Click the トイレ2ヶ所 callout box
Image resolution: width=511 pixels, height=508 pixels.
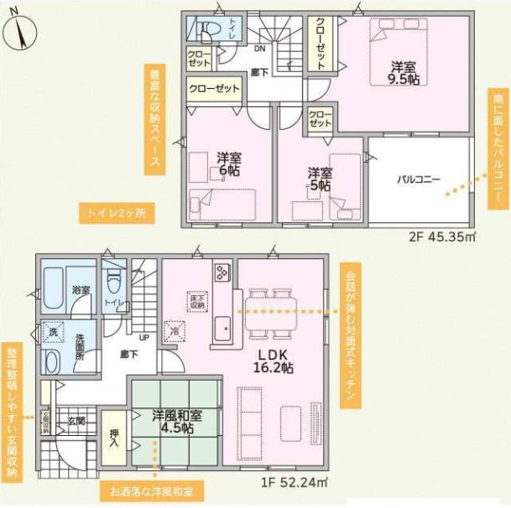click(x=117, y=213)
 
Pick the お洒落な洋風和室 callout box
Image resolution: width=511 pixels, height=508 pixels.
click(x=151, y=490)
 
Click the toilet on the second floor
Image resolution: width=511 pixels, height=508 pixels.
click(x=206, y=29)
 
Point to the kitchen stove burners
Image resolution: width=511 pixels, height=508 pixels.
click(x=222, y=272)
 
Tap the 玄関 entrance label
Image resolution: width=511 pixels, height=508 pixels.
click(x=76, y=421)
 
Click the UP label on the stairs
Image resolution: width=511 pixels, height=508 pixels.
click(x=144, y=337)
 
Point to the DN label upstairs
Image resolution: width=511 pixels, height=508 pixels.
click(x=260, y=48)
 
